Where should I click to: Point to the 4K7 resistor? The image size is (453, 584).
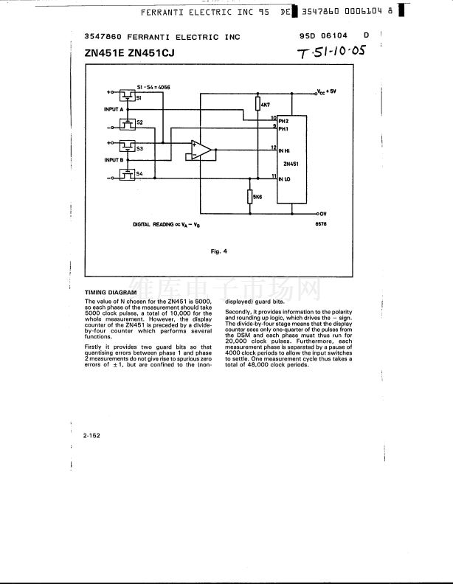pos(257,105)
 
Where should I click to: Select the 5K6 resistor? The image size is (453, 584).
pos(251,197)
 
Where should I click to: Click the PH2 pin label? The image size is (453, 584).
pos(283,119)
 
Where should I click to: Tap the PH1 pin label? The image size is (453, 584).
pos(283,128)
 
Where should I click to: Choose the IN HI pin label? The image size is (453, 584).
pos(284,150)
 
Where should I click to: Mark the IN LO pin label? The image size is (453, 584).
pos(284,178)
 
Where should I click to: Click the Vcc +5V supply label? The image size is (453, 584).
pos(326,92)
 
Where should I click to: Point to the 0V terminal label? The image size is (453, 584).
pos(322,213)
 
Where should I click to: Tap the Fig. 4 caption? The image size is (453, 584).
pos(218,251)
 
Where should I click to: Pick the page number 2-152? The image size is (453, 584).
pos(91,436)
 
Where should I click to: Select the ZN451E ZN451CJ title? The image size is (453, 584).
pos(129,52)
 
